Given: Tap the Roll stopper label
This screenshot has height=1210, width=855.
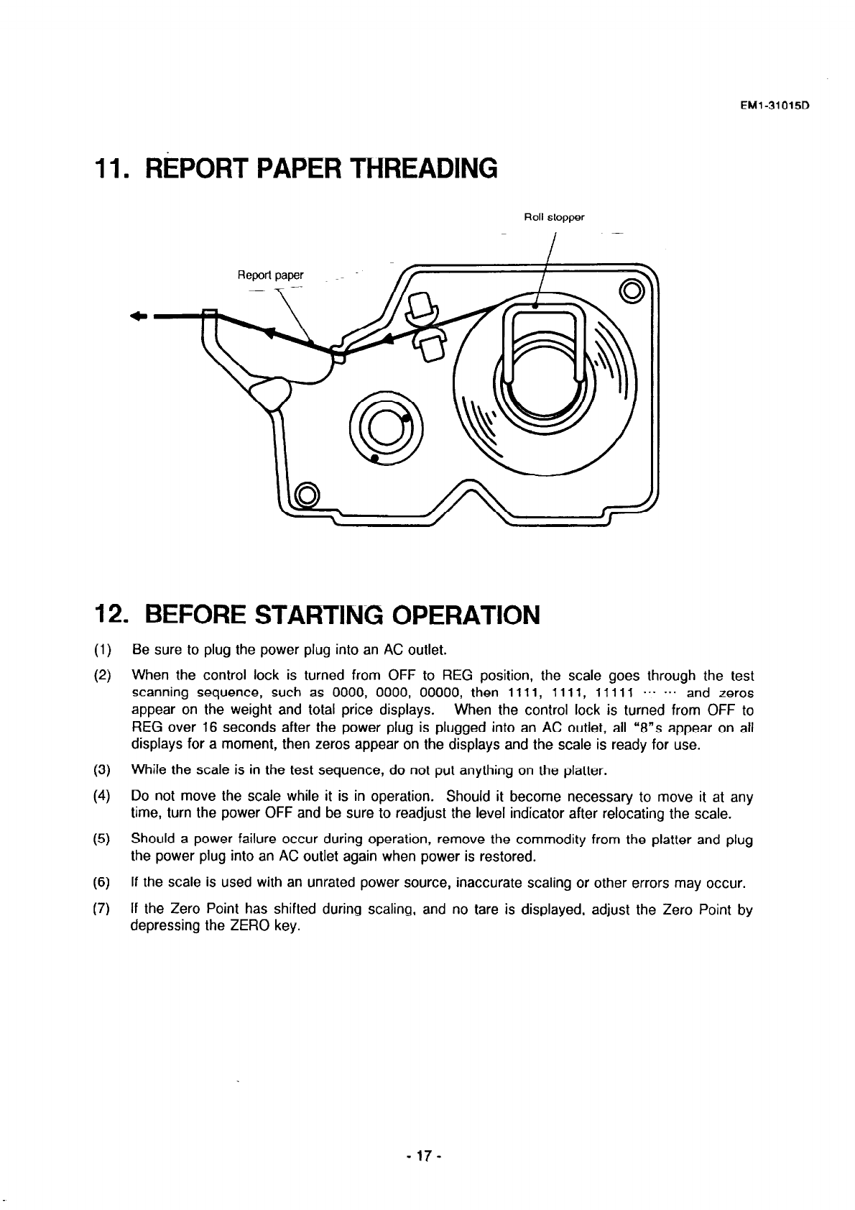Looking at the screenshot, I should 554,216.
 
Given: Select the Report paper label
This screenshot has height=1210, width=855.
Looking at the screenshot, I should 271,275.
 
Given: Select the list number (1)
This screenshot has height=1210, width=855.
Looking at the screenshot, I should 101,651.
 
